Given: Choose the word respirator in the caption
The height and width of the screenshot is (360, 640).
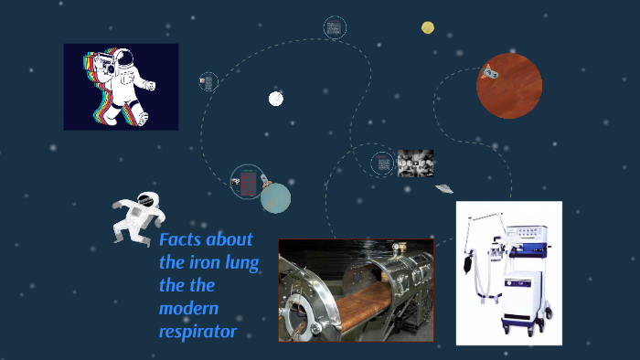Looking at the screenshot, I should click(x=198, y=330).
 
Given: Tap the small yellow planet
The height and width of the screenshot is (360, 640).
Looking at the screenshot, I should click(x=428, y=27).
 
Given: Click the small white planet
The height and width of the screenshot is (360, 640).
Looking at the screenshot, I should click(x=276, y=98).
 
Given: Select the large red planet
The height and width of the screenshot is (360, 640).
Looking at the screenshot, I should click(x=509, y=86).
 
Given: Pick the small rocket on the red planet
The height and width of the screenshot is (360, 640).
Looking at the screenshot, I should click(x=491, y=70).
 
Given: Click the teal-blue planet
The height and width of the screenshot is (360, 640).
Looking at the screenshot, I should click(x=275, y=197).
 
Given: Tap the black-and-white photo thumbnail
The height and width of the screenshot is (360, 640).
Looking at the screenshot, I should click(x=415, y=164).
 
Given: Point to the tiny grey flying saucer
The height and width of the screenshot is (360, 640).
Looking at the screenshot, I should click(x=445, y=189).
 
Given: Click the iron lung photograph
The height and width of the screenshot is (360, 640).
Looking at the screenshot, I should click(x=355, y=290).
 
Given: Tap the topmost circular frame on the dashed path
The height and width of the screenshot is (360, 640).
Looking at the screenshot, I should click(x=335, y=27).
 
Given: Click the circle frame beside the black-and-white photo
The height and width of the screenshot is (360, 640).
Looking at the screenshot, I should click(x=383, y=164).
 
